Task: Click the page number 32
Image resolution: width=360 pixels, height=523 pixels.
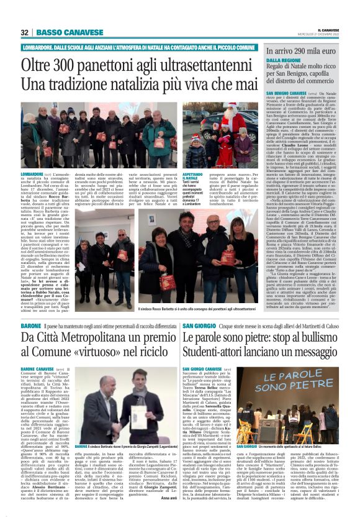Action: point(25,32)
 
